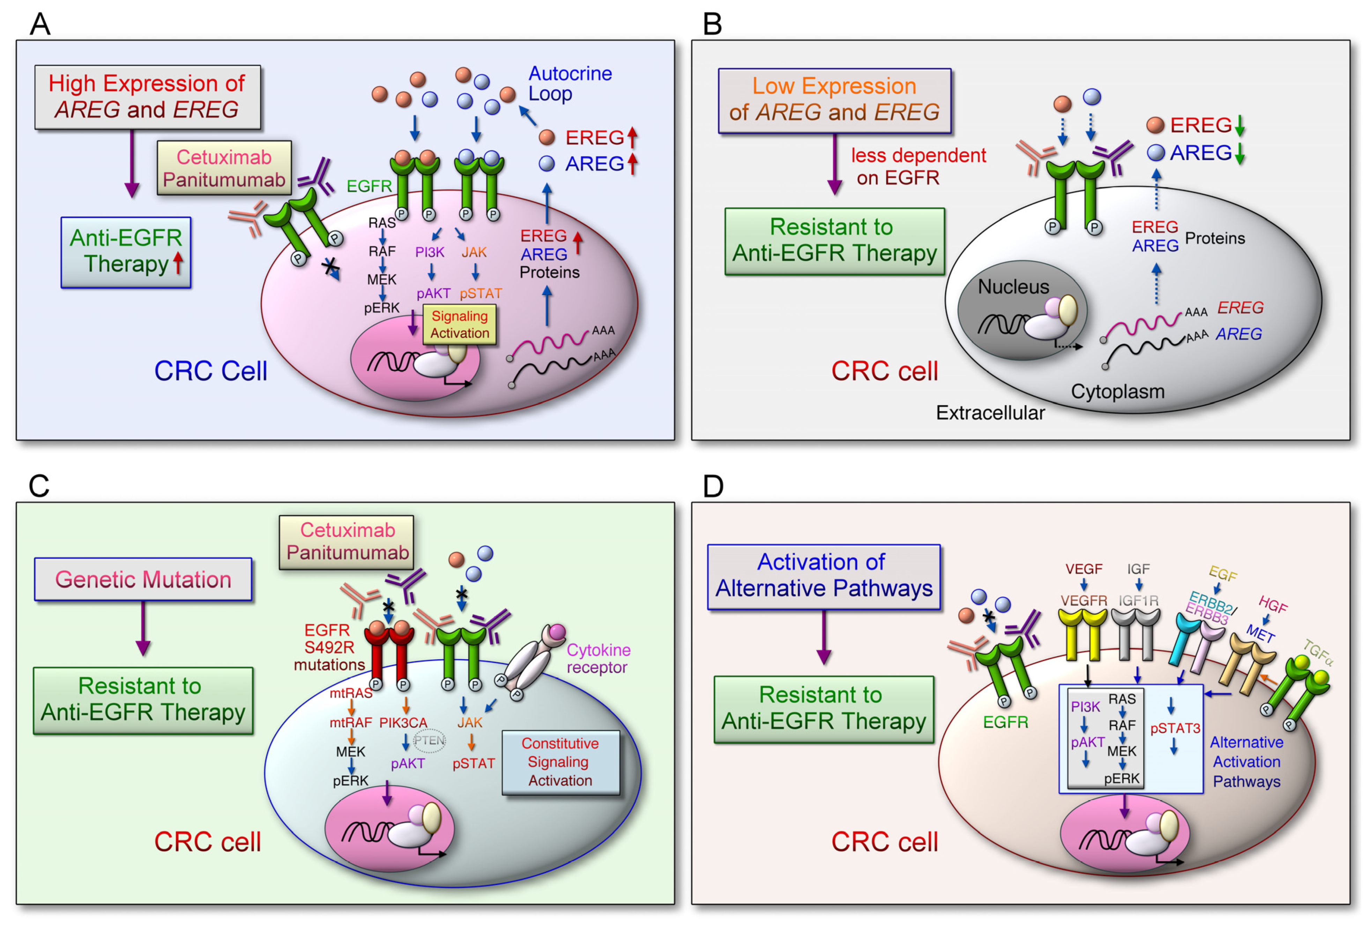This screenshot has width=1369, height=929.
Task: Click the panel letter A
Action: (x=40, y=24)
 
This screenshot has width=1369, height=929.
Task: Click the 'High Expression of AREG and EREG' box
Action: (x=147, y=97)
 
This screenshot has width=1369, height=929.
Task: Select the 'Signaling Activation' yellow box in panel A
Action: (x=460, y=324)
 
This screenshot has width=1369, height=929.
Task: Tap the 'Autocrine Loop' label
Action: (x=570, y=83)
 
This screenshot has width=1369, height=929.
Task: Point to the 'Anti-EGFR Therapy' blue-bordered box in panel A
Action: (x=126, y=252)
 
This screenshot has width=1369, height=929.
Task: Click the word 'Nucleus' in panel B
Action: (x=1013, y=287)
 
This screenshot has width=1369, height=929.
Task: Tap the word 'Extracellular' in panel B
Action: (x=990, y=413)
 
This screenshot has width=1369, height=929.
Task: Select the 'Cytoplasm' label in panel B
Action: (x=1117, y=391)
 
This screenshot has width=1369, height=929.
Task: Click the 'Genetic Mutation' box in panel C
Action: (x=143, y=580)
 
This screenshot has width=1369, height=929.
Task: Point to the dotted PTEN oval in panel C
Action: (x=430, y=740)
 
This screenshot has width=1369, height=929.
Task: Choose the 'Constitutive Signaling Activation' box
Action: (x=560, y=762)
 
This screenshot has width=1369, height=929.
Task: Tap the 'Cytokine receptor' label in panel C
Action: (x=598, y=658)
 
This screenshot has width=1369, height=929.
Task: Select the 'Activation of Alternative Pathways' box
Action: (x=824, y=576)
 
